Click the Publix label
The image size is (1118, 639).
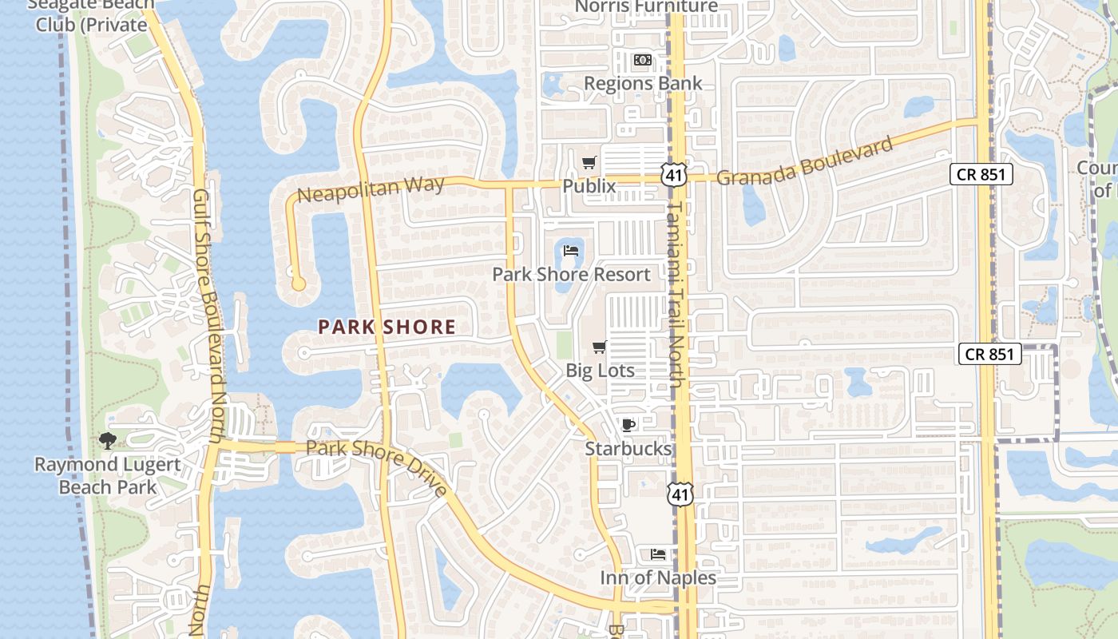tap(589, 186)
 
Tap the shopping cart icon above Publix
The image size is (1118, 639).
tap(589, 163)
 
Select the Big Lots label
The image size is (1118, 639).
tap(600, 371)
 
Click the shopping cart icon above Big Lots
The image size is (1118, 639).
tap(600, 347)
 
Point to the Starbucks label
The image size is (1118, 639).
tap(628, 449)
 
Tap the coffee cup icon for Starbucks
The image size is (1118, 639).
tap(628, 425)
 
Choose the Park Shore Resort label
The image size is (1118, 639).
tap(571, 275)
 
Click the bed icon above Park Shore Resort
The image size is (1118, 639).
tap(571, 251)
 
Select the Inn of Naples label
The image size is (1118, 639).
tap(658, 577)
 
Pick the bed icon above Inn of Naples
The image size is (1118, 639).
tap(658, 554)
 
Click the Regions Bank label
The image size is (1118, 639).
tap(643, 83)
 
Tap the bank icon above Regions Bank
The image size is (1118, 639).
tap(643, 60)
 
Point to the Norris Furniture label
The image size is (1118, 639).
tap(647, 7)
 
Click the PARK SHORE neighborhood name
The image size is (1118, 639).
tap(387, 327)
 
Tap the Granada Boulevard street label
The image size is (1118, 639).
tap(804, 161)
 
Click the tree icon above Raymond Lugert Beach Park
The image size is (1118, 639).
tap(107, 440)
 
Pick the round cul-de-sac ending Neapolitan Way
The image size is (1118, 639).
tap(299, 284)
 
